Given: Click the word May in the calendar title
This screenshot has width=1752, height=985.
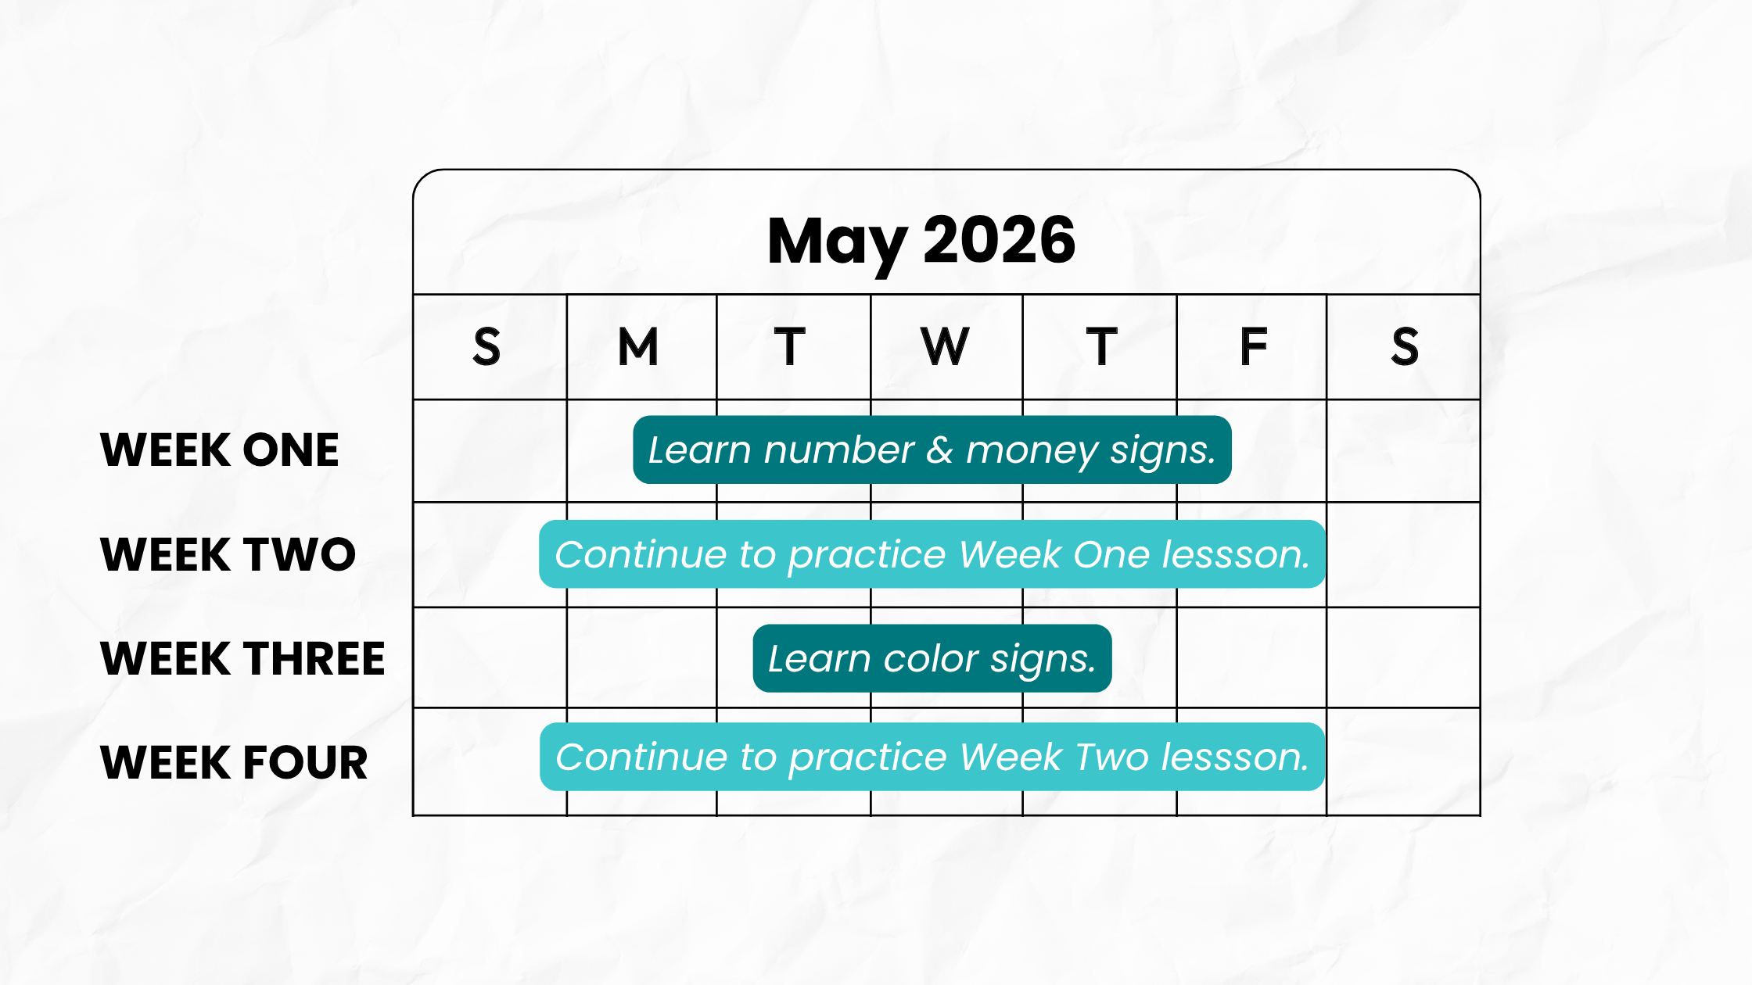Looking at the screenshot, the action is click(x=838, y=243).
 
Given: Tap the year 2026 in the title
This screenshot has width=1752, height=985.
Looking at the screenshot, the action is click(x=1000, y=239).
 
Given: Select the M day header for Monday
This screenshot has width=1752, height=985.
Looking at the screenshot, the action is click(x=638, y=346).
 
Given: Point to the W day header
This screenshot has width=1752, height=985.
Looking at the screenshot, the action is click(x=945, y=346).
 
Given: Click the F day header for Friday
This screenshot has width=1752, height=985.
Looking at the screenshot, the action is click(x=1254, y=346).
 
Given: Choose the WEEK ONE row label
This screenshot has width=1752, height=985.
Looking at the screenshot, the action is click(x=220, y=450).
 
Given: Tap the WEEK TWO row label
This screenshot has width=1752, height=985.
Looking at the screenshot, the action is click(x=228, y=554).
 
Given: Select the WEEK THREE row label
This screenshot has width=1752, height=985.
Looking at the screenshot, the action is click(x=243, y=658).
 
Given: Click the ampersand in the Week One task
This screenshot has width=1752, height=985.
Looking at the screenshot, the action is click(x=940, y=450).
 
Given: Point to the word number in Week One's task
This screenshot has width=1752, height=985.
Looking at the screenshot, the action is click(x=838, y=450).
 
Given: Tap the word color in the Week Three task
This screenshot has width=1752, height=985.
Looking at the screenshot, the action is click(x=931, y=658).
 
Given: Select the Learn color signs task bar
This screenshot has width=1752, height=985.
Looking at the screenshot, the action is click(x=932, y=658).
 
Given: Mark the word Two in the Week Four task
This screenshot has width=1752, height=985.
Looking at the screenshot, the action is click(x=1112, y=757).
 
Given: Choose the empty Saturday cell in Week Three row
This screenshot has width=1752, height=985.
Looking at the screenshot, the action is click(x=1403, y=657).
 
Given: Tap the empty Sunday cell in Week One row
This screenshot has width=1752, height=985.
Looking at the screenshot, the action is click(x=490, y=451).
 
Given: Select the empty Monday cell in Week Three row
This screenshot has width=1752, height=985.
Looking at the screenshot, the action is click(x=641, y=657).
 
